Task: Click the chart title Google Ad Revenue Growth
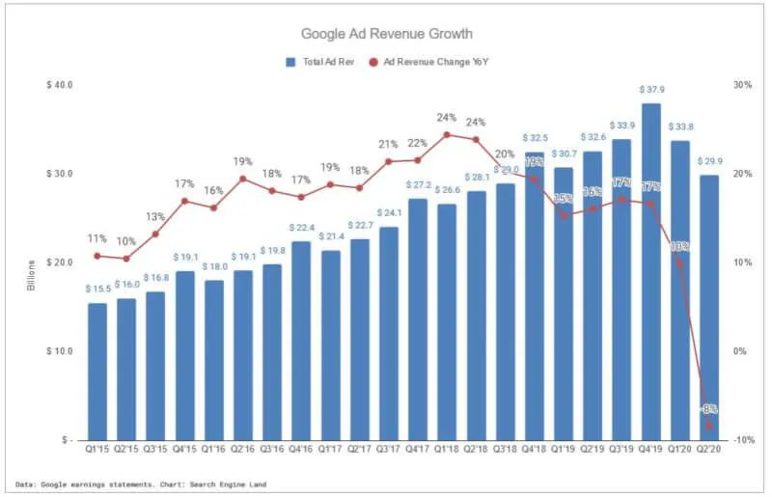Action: coord(386,34)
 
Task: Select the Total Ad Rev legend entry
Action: coord(318,62)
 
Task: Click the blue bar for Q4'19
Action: coord(650,270)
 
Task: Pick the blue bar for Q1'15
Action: coord(97,372)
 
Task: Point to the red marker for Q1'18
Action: coord(447,135)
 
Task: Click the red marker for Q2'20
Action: coord(709,425)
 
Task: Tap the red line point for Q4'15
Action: coord(184,201)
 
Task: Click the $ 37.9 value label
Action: coord(650,90)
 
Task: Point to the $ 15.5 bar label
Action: coord(97,290)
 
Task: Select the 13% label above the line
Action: coord(155,216)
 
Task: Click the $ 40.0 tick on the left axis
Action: coord(59,85)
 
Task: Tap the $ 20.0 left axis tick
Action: coord(59,262)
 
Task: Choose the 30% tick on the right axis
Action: coord(742,85)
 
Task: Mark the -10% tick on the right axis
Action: coord(744,440)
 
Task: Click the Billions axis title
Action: coord(31,275)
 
